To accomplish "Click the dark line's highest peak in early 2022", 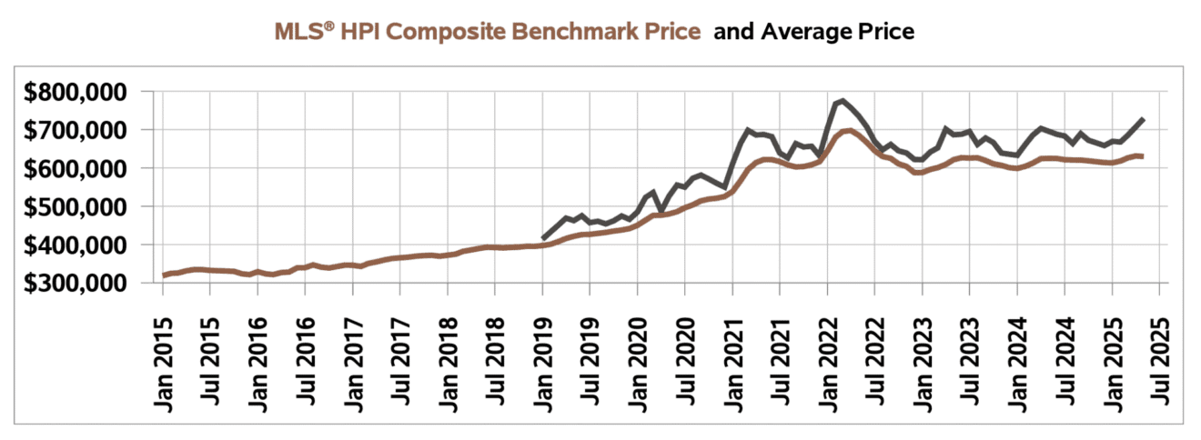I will point(843,100).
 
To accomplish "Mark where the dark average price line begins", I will point(543,238).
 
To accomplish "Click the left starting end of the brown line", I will point(164,275).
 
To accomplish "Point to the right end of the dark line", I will point(1143,119).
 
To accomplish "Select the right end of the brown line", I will point(1143,156).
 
